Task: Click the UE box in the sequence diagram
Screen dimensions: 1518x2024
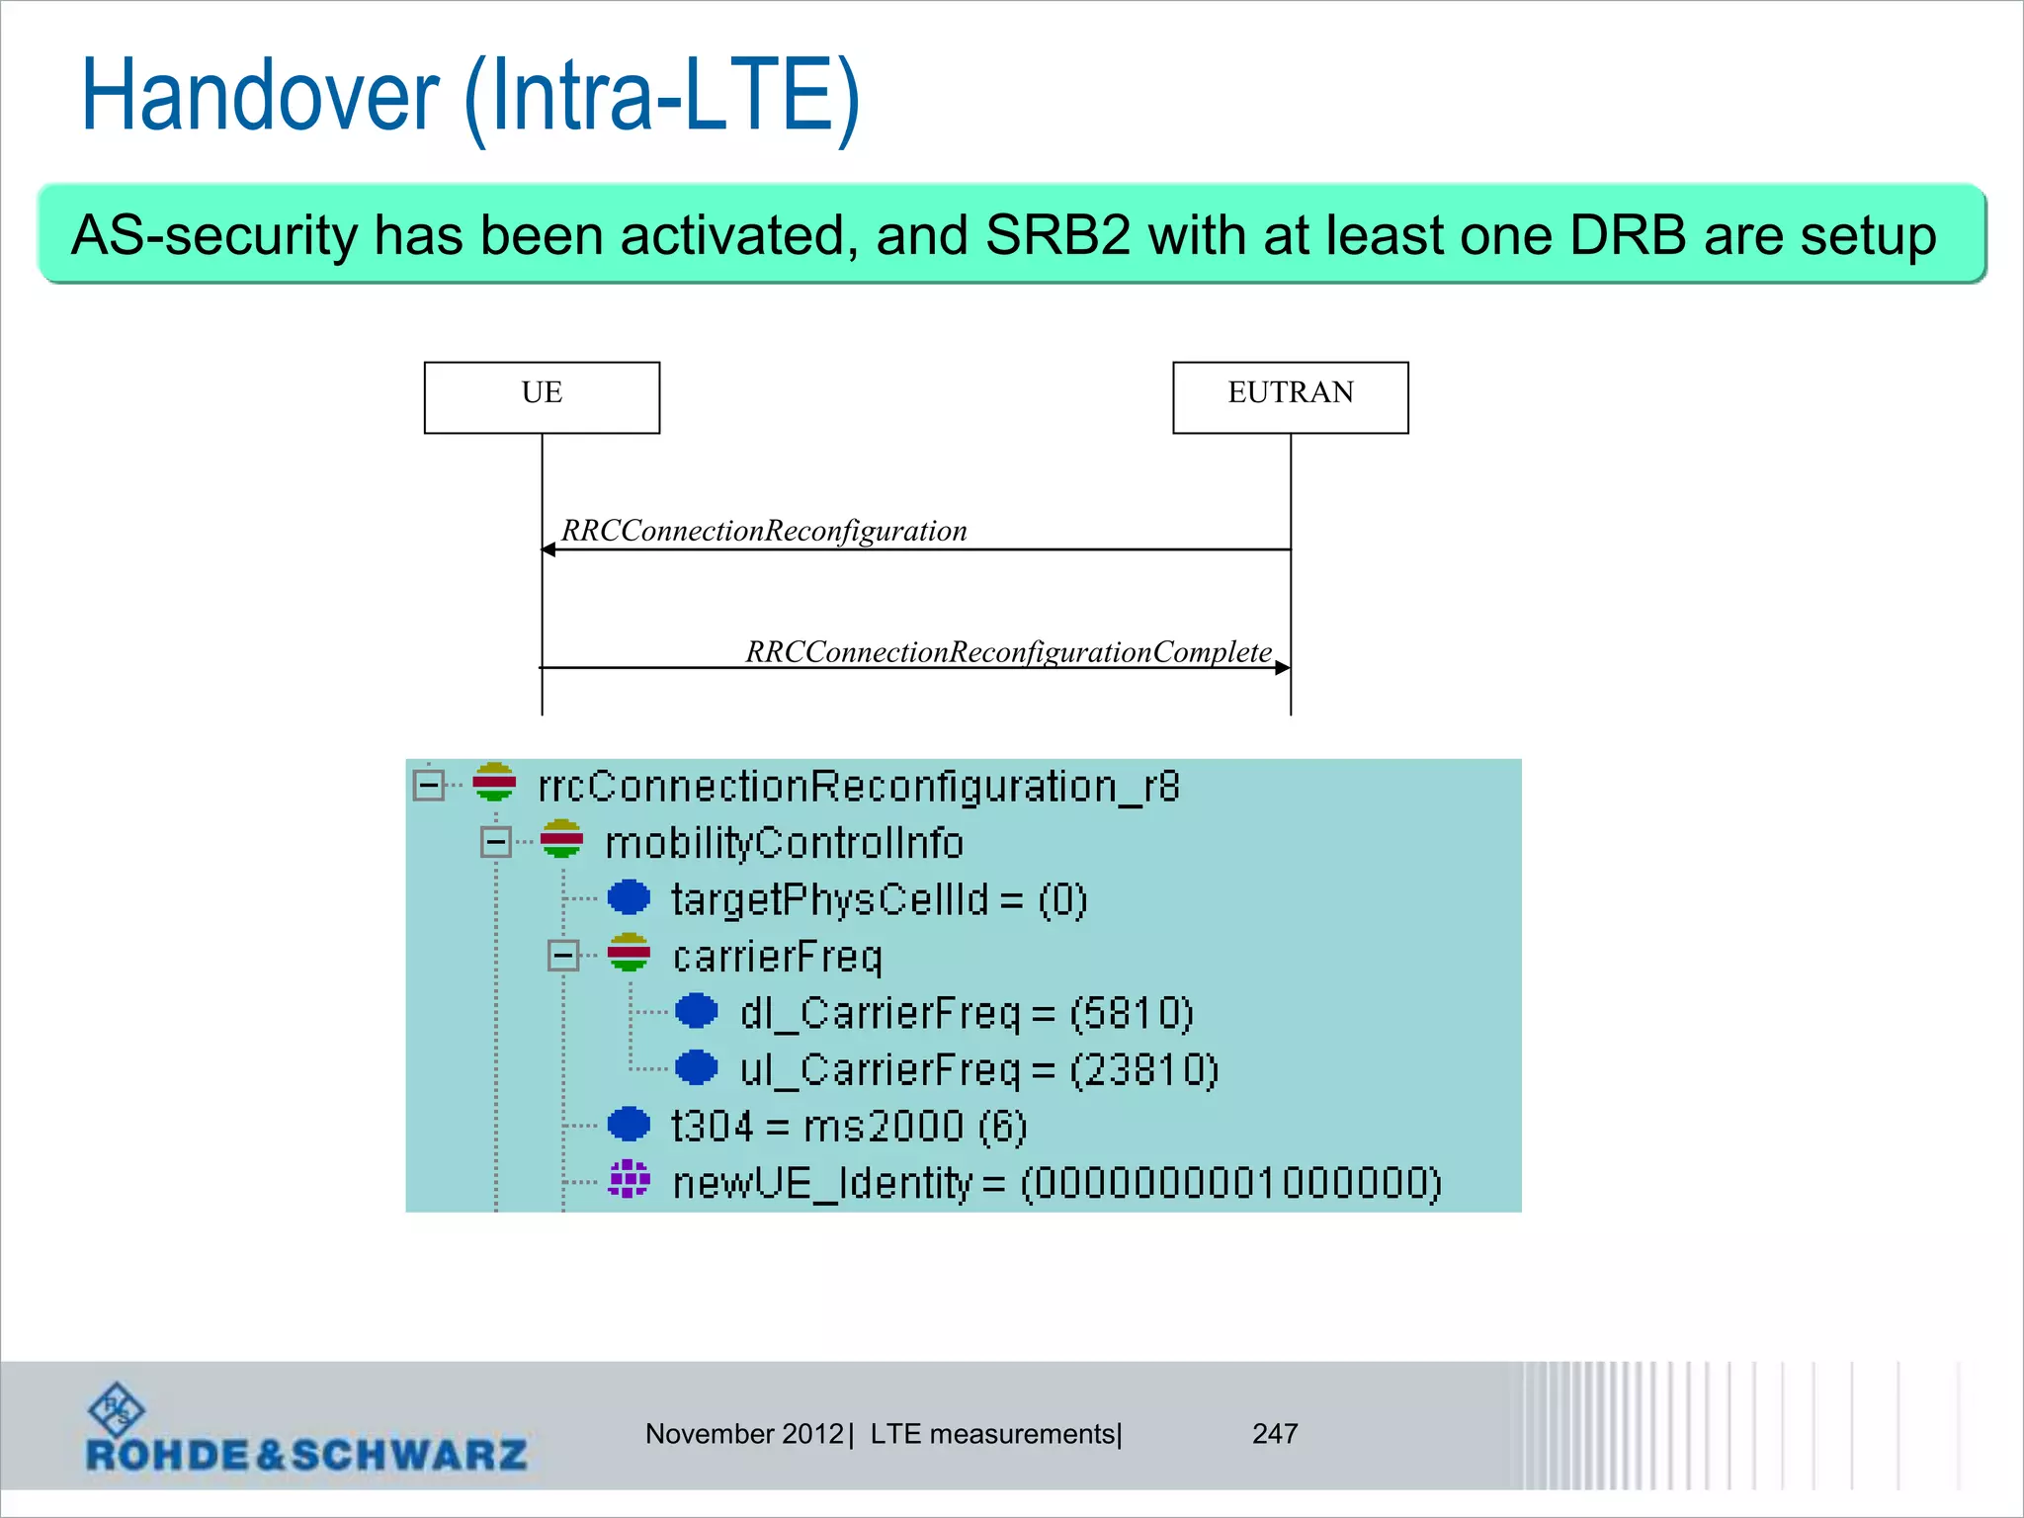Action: click(542, 397)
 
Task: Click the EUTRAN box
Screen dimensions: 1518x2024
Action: click(1290, 397)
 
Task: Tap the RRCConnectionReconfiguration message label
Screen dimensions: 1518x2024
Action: click(764, 531)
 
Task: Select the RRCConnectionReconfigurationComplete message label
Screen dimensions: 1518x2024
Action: click(1008, 652)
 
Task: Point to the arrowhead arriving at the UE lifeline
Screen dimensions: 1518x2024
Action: click(548, 549)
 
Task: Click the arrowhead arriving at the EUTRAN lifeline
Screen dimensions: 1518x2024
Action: click(1283, 668)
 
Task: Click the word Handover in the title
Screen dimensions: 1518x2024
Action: click(259, 96)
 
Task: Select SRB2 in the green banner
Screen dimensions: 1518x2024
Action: click(1057, 235)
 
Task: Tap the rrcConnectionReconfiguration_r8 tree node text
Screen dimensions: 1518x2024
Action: click(858, 787)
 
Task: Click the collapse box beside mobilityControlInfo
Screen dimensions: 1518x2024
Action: click(496, 842)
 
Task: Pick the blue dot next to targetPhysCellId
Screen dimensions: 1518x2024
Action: click(629, 898)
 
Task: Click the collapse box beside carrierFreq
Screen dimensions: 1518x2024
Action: click(563, 956)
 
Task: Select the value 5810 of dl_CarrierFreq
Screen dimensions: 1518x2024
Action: click(1133, 1013)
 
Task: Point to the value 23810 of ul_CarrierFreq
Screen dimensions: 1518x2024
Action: click(1144, 1070)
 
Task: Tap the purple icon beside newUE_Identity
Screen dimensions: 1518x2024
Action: click(630, 1180)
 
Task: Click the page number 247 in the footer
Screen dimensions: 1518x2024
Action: click(1274, 1434)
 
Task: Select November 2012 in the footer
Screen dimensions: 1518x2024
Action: click(744, 1434)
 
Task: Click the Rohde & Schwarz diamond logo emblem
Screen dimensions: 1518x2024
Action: click(117, 1409)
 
